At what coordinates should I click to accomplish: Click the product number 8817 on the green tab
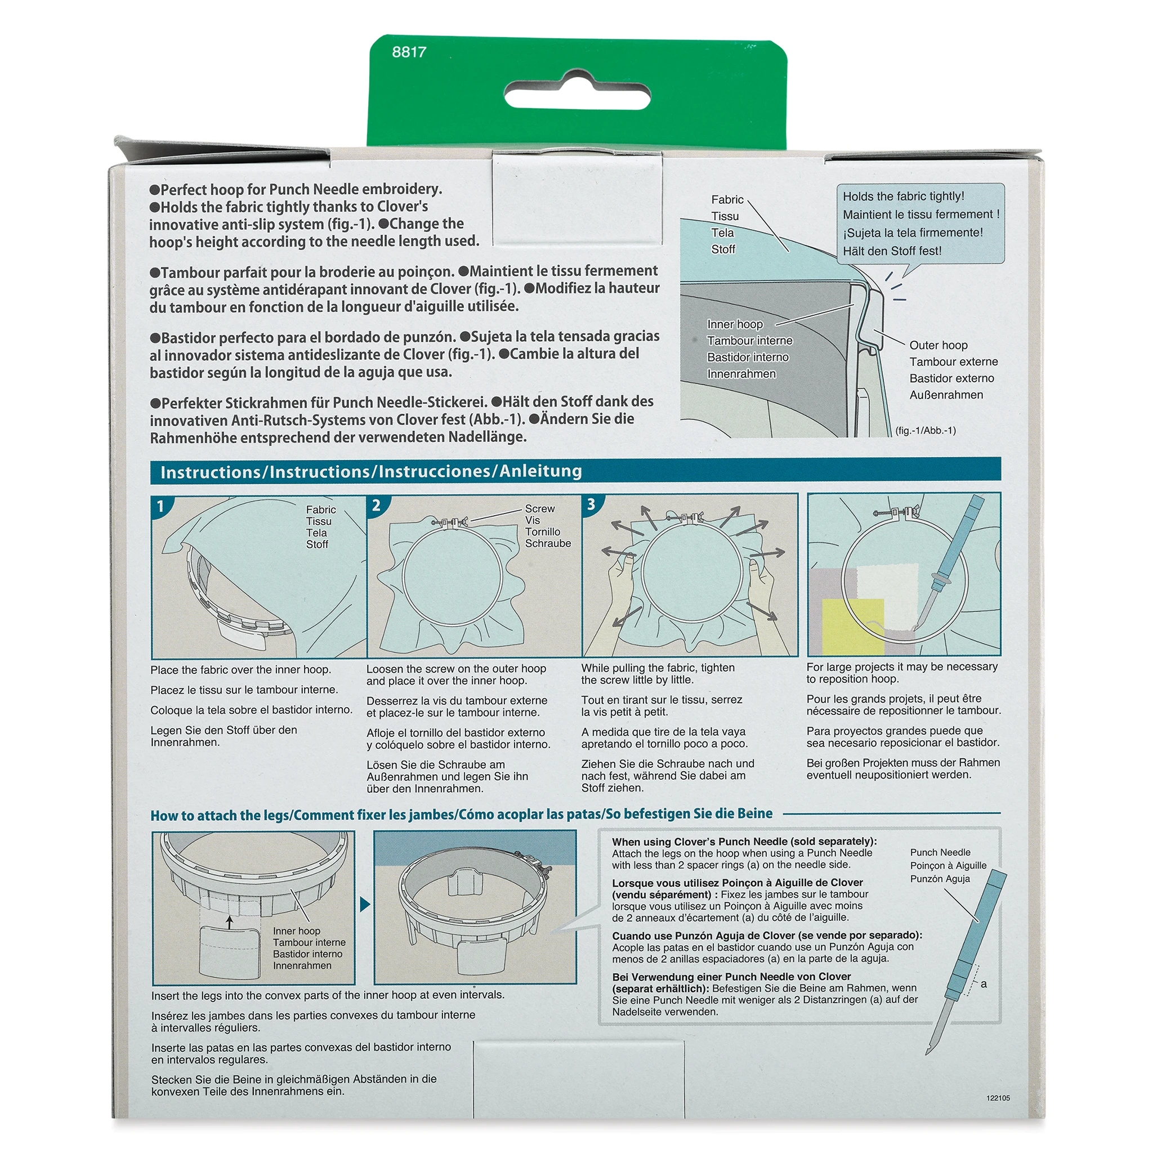409,52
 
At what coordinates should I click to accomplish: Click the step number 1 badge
160,507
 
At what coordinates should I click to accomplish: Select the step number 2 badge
376,506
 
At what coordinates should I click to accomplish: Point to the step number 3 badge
591,505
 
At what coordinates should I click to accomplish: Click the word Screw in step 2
539,509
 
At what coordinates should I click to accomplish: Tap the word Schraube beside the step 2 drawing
548,544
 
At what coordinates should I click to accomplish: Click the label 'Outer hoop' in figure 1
938,346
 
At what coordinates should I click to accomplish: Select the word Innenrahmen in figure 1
741,374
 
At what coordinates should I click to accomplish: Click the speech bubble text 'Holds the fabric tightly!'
903,196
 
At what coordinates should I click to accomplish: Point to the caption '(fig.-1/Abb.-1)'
925,430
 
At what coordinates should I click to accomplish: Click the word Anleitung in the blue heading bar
540,471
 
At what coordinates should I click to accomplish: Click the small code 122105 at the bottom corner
998,1097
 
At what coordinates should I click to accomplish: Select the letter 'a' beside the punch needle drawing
984,984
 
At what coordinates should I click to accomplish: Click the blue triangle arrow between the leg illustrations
365,904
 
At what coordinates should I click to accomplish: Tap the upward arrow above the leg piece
229,923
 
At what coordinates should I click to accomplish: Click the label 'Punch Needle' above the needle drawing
940,852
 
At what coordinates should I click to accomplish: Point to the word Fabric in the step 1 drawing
320,510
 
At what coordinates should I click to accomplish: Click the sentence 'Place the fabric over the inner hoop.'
240,669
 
